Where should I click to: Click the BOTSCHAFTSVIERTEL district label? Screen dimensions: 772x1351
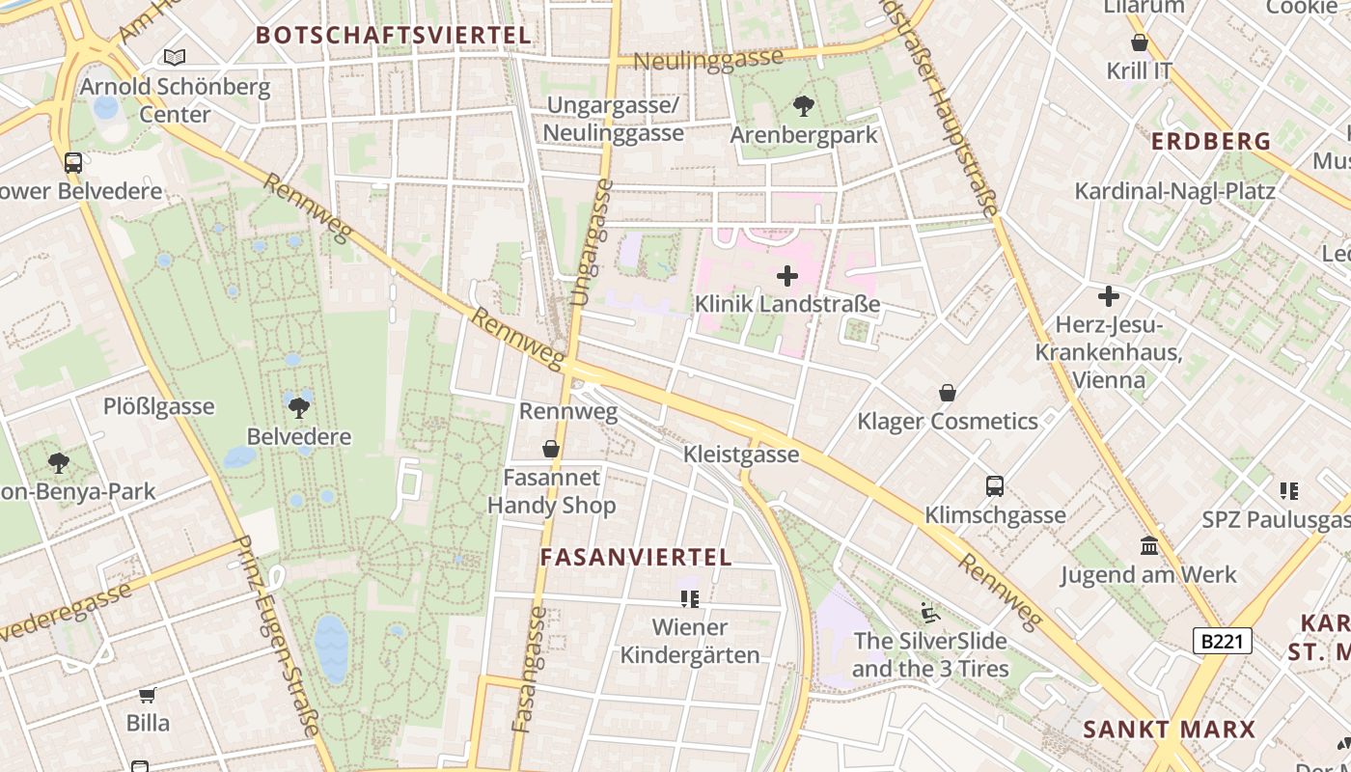pos(394,36)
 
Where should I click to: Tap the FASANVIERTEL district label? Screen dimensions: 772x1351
pos(636,557)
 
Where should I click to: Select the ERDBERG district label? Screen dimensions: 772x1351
pos(1211,141)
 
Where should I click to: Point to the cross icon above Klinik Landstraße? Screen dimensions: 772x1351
pos(787,277)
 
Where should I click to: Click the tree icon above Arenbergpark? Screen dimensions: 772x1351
pos(803,106)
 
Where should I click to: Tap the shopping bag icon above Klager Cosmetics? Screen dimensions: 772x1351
pos(948,394)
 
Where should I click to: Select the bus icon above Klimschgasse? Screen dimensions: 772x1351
pos(995,486)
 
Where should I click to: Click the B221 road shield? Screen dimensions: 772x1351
pos(1222,641)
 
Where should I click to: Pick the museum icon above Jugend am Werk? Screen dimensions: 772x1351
pos(1148,546)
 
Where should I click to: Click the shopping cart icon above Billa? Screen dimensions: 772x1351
pos(148,695)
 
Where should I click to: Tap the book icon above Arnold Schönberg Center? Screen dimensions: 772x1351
pos(174,58)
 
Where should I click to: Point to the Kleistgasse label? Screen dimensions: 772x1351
pos(741,454)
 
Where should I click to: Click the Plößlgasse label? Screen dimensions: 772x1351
pos(158,406)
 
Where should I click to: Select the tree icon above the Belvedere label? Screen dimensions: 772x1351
pos(299,407)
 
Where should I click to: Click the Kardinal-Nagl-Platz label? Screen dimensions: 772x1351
pos(1174,190)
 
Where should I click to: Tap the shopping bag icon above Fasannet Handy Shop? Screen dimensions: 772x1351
pos(551,449)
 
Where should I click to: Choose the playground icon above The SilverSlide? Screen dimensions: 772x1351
pos(929,612)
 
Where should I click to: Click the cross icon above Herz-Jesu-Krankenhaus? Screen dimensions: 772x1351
pos(1109,296)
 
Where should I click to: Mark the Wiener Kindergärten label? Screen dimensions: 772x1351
pos(689,641)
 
